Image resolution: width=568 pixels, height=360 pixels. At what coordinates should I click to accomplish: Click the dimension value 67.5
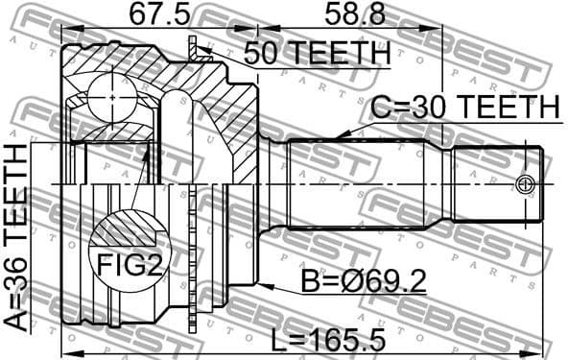point(158,14)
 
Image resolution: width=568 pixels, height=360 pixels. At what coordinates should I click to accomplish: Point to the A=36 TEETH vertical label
point(16,235)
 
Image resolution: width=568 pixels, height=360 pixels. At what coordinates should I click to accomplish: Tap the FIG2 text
point(126,264)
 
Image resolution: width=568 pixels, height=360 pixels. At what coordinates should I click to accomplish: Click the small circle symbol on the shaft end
point(524,184)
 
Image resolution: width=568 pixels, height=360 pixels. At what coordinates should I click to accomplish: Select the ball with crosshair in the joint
point(113,99)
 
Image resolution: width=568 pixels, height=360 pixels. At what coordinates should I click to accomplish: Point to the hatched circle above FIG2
point(126,230)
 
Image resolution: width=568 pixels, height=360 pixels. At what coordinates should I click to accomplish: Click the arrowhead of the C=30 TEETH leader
point(342,140)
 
